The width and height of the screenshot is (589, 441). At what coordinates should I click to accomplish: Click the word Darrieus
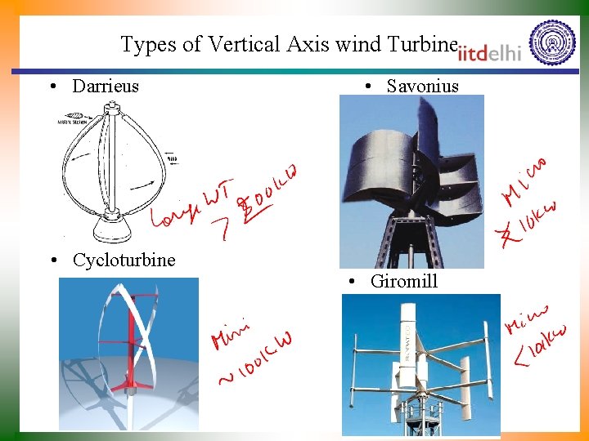coord(106,86)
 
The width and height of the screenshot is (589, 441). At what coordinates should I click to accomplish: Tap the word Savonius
coord(422,86)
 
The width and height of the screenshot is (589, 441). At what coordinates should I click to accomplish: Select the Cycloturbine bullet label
coord(124,260)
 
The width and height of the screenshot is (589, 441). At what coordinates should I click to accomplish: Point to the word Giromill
coord(404,281)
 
